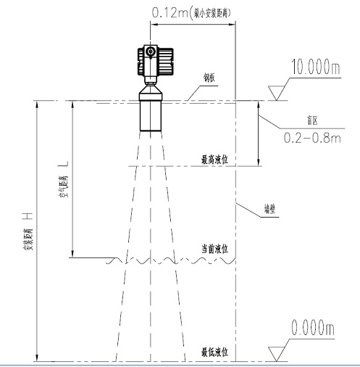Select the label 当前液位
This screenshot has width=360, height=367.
[x=214, y=249]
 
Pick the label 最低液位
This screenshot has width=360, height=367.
[x=214, y=352]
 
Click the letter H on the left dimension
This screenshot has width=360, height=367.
[x=26, y=215]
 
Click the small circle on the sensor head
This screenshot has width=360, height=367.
[x=149, y=53]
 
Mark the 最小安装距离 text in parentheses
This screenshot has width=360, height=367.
[x=212, y=12]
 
